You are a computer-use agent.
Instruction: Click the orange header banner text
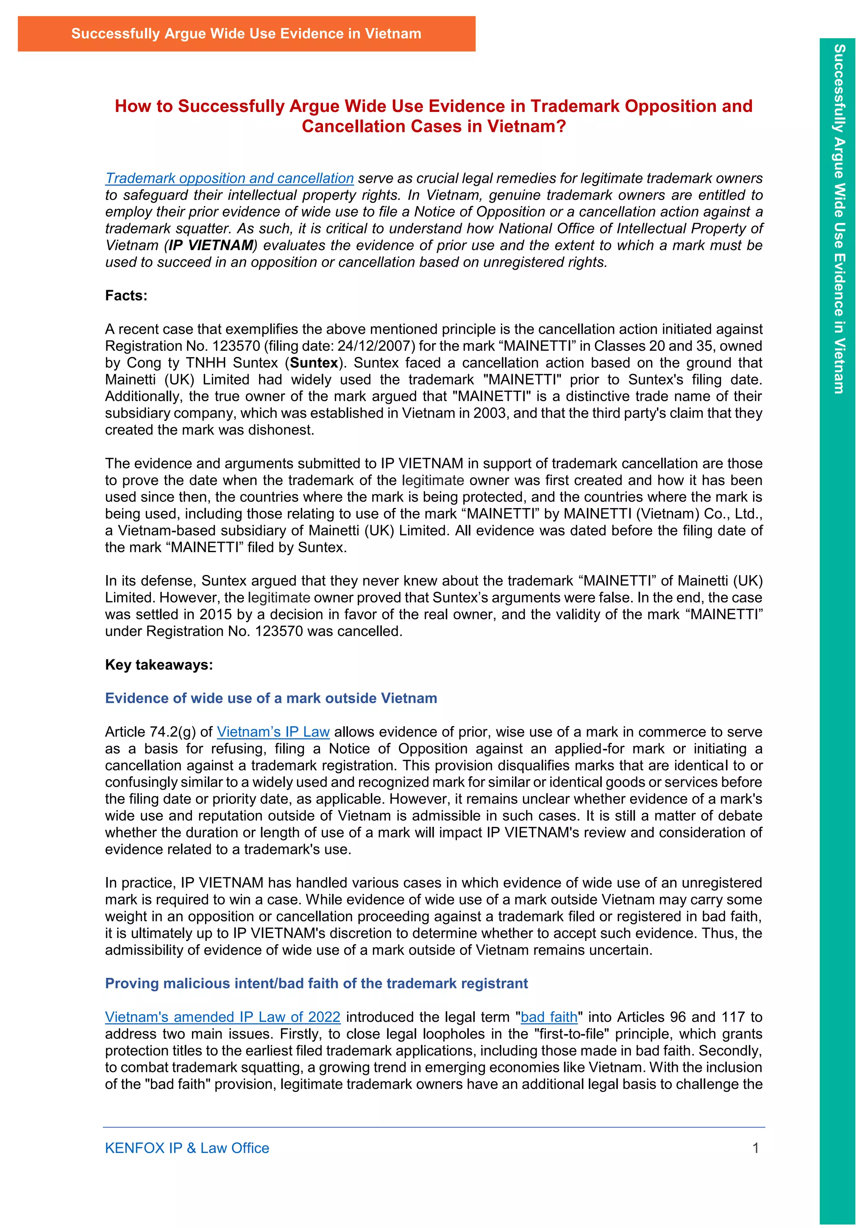[x=246, y=33]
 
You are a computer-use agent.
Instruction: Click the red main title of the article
[x=434, y=116]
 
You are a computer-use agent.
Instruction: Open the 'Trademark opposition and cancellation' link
[x=229, y=178]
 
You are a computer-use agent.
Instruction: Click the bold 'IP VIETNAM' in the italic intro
[x=211, y=246]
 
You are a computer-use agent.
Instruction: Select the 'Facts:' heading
[x=126, y=296]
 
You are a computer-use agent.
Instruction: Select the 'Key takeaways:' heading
[x=159, y=665]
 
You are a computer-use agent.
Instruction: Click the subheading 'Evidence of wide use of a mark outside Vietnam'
[x=271, y=698]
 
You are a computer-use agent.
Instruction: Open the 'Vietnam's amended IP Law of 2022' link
[x=223, y=1017]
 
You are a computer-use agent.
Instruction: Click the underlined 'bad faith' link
[x=549, y=1017]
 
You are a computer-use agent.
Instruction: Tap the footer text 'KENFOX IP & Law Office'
[x=187, y=1148]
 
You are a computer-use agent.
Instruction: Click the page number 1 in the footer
[x=755, y=1148]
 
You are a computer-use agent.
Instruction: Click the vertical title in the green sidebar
[x=839, y=219]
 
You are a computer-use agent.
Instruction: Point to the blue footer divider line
[x=434, y=1128]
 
